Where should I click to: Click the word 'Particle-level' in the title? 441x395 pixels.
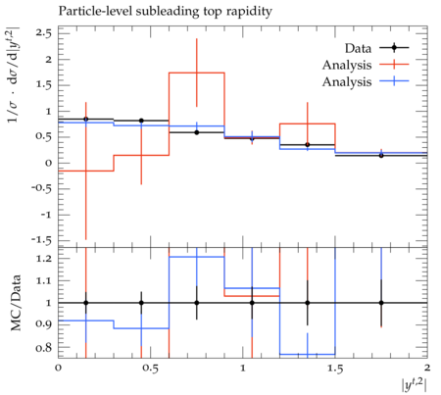coord(96,12)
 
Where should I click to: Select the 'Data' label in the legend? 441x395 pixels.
coord(358,49)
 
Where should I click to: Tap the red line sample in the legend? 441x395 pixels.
coord(394,65)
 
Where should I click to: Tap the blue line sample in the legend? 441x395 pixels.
coord(394,81)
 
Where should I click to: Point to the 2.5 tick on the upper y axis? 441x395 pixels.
coord(44,33)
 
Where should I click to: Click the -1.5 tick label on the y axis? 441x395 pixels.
coord(41,241)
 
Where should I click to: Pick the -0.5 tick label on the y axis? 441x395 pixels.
coord(41,189)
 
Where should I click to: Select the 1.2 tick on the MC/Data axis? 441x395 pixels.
coord(44,259)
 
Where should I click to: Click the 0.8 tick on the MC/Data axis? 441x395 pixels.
coord(44,348)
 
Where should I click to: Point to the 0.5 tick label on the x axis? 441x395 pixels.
coord(151,369)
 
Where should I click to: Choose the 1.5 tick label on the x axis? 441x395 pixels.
coord(335,369)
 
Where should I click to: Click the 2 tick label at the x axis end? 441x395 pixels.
coord(427,369)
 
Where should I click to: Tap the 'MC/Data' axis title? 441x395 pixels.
coord(16,303)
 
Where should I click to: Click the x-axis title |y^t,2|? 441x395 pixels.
coord(415,384)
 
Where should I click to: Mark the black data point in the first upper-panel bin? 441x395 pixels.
coord(86,120)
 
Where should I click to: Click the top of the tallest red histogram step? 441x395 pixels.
coord(197,73)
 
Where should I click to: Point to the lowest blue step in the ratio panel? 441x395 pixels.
coord(308,354)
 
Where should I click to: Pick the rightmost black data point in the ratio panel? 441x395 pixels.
coord(381,303)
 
